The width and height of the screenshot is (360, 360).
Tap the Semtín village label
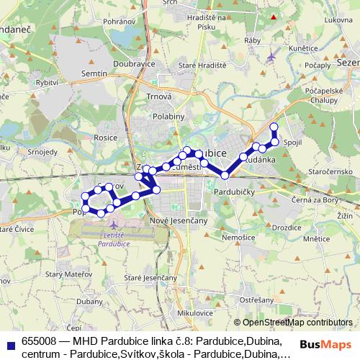(x=94, y=74)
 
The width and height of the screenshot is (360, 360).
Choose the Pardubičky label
(x=232, y=193)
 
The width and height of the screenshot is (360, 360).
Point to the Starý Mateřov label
(x=64, y=274)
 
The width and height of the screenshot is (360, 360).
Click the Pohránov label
(x=114, y=22)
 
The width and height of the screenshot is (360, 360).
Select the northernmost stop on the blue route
(x=274, y=127)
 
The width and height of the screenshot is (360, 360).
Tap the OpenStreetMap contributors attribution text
(x=297, y=323)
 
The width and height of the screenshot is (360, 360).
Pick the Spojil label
(x=293, y=143)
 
